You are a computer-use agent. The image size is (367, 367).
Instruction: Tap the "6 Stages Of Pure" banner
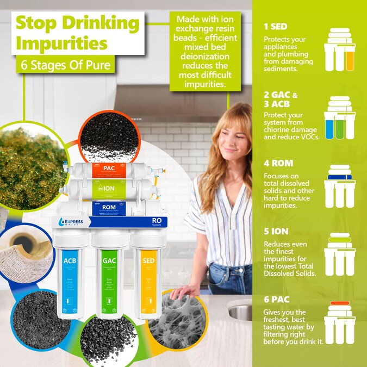(x=65, y=65)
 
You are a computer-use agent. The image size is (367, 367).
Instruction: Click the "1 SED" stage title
(x=275, y=26)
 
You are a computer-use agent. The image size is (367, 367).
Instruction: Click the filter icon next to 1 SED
(x=339, y=51)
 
